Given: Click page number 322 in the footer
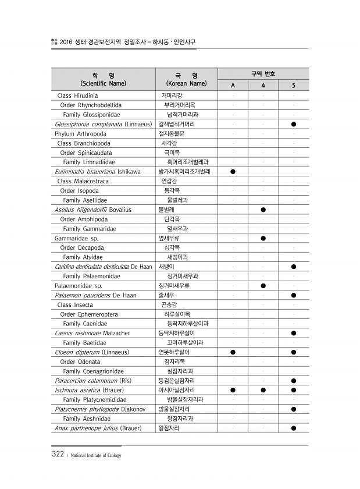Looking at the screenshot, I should (x=57, y=455).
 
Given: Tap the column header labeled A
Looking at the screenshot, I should (x=233, y=86).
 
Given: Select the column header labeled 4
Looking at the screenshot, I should (x=263, y=86).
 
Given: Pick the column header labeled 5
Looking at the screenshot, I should (x=294, y=86).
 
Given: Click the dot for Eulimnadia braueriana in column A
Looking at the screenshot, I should (x=233, y=172).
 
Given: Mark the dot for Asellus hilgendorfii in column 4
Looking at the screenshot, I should (x=263, y=210).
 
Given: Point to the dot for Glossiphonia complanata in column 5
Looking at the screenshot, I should (x=294, y=124).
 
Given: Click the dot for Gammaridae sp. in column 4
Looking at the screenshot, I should (x=263, y=238).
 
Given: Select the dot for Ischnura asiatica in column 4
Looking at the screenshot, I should (x=263, y=390).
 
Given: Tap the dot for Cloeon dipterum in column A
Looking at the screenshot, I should (x=233, y=352).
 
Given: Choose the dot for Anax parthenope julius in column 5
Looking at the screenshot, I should (x=294, y=428).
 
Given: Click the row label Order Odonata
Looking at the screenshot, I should (x=80, y=362).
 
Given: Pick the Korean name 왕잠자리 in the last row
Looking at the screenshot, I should (x=169, y=428).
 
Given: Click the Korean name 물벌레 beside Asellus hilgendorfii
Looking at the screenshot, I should (x=166, y=210).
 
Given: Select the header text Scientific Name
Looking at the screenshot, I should (x=104, y=83).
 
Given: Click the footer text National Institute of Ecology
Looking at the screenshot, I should (x=95, y=455).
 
